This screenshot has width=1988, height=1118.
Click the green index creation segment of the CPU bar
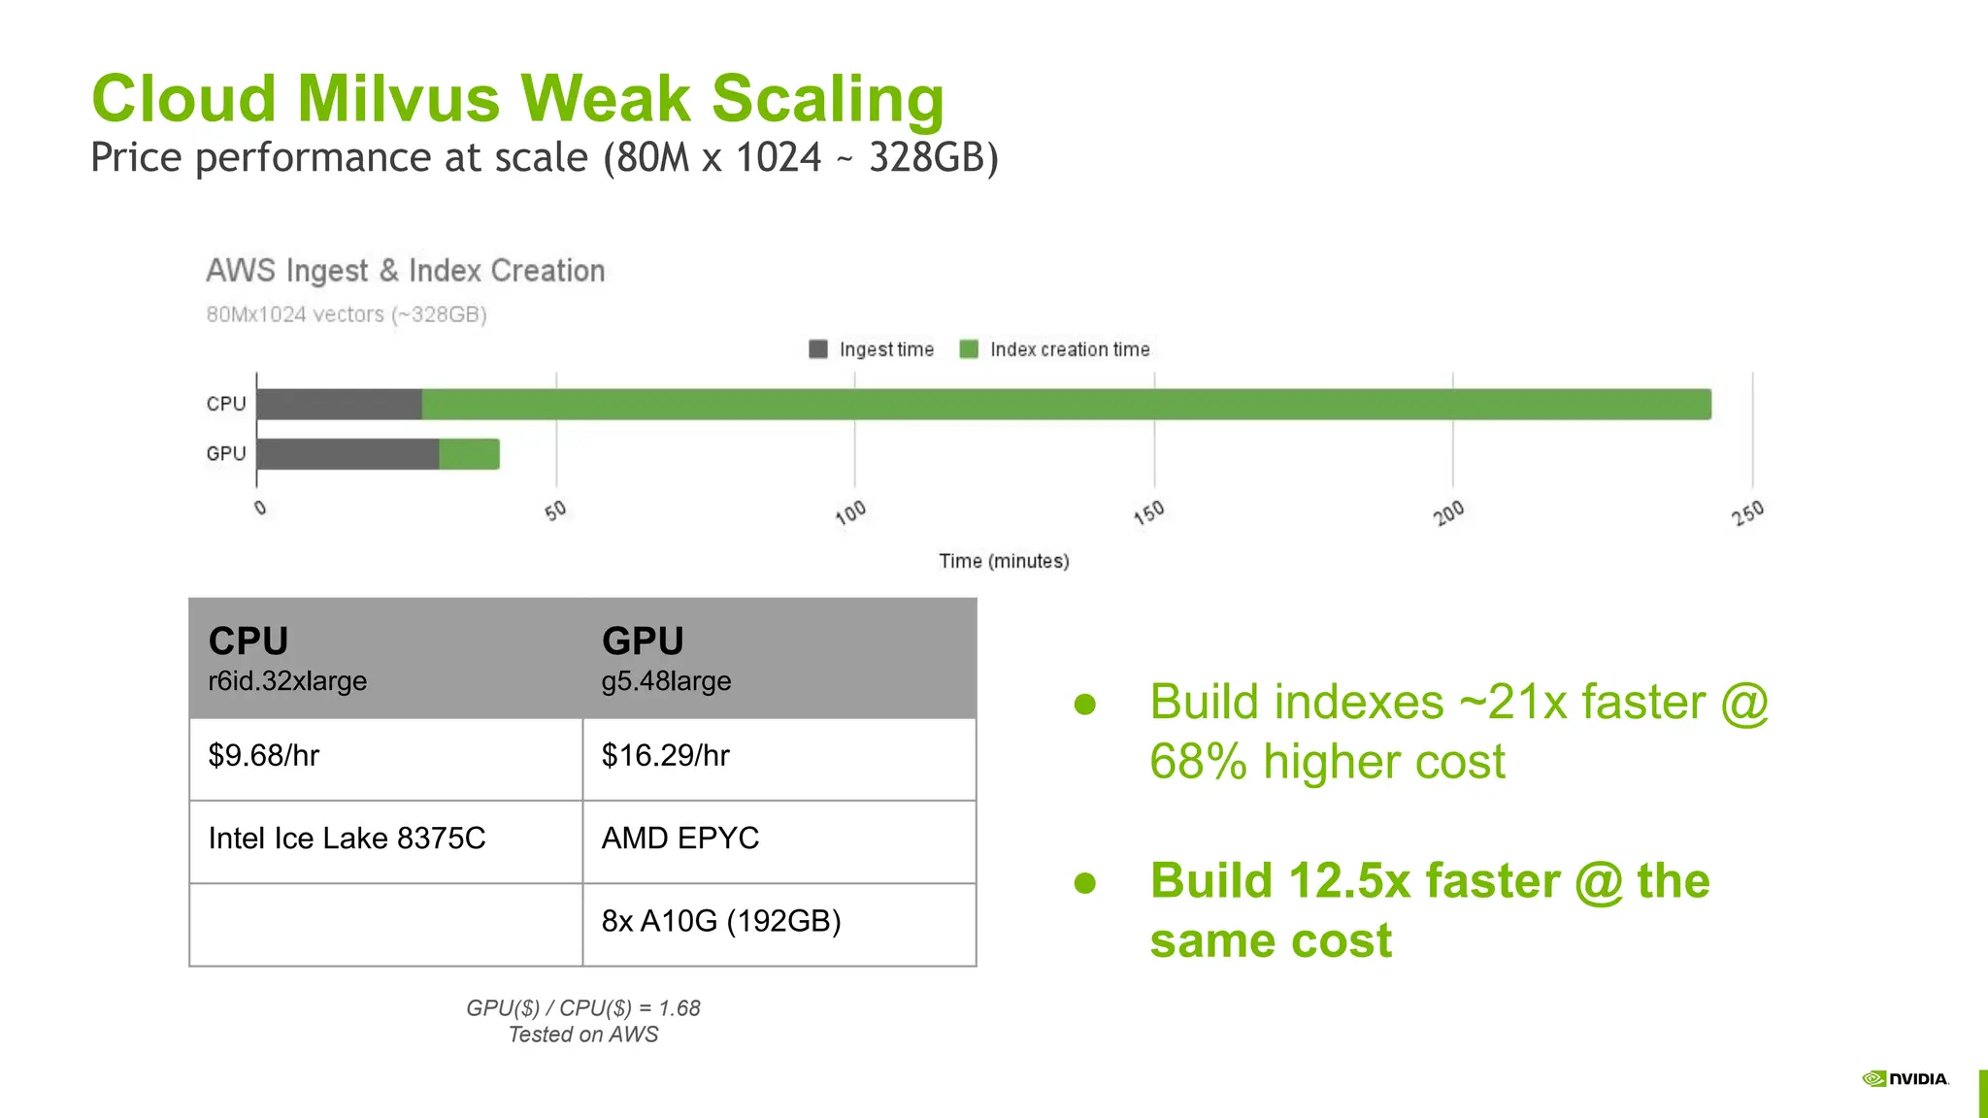(1066, 405)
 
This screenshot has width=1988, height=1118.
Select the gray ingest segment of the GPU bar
(348, 454)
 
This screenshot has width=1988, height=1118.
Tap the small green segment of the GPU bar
(470, 454)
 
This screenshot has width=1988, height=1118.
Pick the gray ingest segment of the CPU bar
(339, 405)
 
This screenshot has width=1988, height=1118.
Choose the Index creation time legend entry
(1055, 349)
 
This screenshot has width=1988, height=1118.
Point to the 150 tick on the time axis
(1149, 511)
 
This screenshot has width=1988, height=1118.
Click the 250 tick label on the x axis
(1748, 511)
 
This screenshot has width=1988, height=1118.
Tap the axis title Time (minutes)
(1004, 561)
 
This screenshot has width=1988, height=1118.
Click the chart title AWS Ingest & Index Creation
(405, 271)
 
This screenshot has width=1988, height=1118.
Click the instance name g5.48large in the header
(666, 681)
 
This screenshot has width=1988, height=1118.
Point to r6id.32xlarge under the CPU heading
(287, 681)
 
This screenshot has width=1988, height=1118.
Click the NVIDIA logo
(1905, 1079)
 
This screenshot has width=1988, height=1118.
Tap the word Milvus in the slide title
(399, 99)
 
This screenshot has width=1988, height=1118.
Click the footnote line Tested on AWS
(583, 1035)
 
